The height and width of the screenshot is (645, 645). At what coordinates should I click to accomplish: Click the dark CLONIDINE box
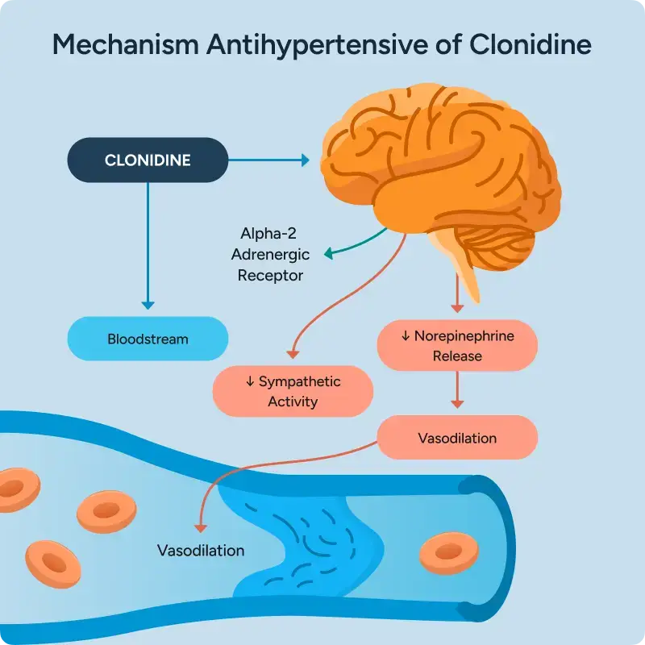(148, 160)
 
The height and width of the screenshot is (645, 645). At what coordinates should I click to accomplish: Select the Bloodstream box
(148, 339)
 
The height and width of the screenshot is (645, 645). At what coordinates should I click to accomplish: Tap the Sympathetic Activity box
(293, 391)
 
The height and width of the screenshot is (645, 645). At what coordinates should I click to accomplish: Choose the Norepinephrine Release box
(457, 345)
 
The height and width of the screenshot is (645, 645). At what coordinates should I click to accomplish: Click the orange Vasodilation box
(457, 438)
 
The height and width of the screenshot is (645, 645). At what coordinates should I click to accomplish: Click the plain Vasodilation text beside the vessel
(201, 551)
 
